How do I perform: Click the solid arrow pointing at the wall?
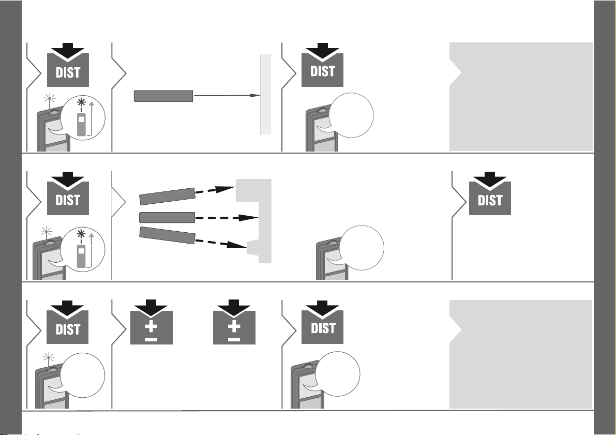[x=227, y=96]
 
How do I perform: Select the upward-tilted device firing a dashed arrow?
[x=168, y=196]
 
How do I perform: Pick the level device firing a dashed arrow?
[x=168, y=217]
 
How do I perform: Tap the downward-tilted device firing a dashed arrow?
[x=168, y=235]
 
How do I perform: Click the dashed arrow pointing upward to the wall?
[x=215, y=190]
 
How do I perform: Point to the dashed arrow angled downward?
[x=221, y=244]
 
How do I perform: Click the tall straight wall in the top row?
[x=266, y=94]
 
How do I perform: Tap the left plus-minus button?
[x=151, y=322]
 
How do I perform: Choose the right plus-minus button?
[x=234, y=322]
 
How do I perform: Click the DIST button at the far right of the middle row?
[x=490, y=194]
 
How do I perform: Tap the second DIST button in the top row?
[x=322, y=65]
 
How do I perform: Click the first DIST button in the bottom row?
[x=68, y=322]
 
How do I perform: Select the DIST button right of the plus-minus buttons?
[x=322, y=322]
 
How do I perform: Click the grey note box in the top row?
[x=521, y=97]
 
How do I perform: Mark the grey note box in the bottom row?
[x=521, y=354]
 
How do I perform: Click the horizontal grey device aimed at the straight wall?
[x=163, y=96]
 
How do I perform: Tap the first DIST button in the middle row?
[x=68, y=194]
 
